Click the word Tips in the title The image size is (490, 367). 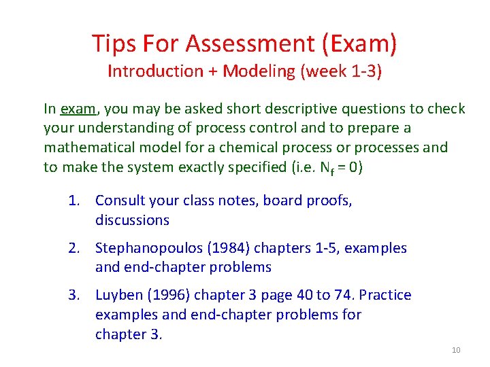coord(116,43)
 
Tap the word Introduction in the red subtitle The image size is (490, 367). coord(155,71)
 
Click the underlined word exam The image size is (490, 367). coord(78,109)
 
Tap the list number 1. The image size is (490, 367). coord(73,200)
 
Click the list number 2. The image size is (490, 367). coord(73,248)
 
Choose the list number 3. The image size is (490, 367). coord(73,295)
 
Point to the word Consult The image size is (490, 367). coord(118,200)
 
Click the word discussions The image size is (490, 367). coord(132,220)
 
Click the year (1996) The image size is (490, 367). coord(165,295)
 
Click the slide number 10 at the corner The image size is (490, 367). coord(456,350)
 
